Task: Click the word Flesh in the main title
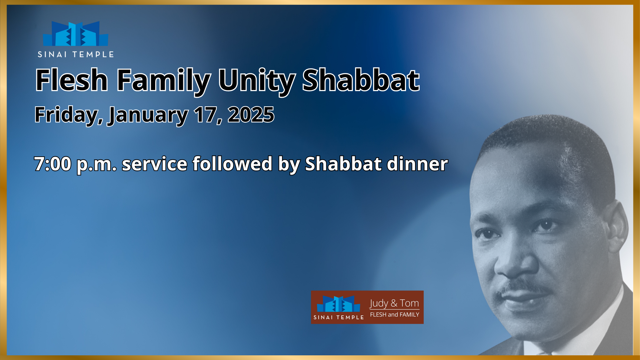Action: pyautogui.click(x=72, y=80)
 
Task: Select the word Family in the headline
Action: pyautogui.click(x=163, y=81)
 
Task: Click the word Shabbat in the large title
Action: pyautogui.click(x=361, y=80)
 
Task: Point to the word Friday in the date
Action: pyautogui.click(x=68, y=115)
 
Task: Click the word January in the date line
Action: pyautogui.click(x=148, y=115)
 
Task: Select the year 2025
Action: pyautogui.click(x=251, y=115)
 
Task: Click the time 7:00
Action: pyautogui.click(x=53, y=164)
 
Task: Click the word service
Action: pyautogui.click(x=154, y=164)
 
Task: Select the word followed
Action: pyautogui.click(x=232, y=164)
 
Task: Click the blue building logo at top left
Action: pyautogui.click(x=76, y=34)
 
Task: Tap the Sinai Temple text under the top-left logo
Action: pyautogui.click(x=76, y=54)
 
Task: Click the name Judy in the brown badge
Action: pyautogui.click(x=379, y=304)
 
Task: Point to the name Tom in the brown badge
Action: pyautogui.click(x=409, y=303)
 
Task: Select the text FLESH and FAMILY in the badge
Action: pyautogui.click(x=395, y=315)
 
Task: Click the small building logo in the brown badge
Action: pyautogui.click(x=338, y=304)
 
